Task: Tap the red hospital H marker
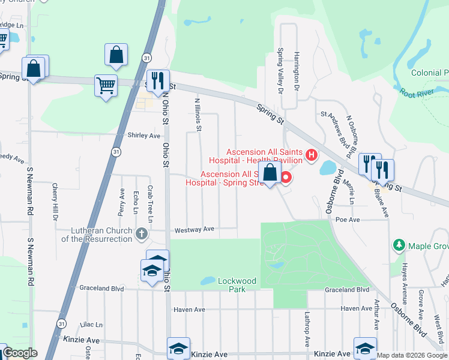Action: pyautogui.click(x=311, y=156)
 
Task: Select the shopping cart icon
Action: pyautogui.click(x=106, y=85)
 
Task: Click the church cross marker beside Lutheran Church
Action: pyautogui.click(x=141, y=233)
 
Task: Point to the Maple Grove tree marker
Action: pyautogui.click(x=399, y=245)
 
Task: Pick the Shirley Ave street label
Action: pyautogui.click(x=143, y=136)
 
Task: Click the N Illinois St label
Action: pyautogui.click(x=197, y=115)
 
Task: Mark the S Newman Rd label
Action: pyautogui.click(x=28, y=192)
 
